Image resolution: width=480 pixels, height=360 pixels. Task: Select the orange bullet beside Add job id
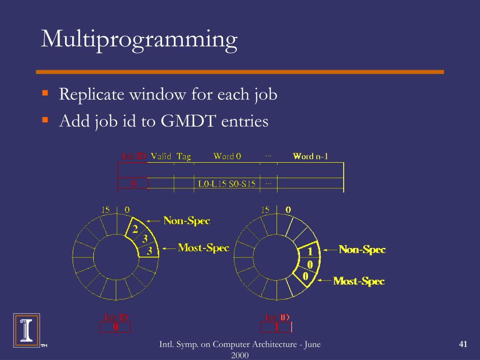45,120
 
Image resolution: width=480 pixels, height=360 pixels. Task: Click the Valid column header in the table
161,156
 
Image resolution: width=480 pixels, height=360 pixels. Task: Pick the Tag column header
184,156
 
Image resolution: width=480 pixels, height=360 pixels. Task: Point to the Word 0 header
227,156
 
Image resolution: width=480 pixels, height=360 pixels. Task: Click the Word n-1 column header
310,156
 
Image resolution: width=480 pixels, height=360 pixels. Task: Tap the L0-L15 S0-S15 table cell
227,184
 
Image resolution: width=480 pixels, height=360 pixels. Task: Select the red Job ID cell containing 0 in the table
133,184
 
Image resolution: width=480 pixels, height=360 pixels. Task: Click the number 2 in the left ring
135,230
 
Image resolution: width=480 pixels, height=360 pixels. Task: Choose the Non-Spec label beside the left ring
187,221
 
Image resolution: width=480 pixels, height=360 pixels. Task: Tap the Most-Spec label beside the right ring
359,281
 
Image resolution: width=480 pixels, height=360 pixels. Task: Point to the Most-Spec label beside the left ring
203,248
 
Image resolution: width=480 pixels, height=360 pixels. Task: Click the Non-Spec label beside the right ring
362,250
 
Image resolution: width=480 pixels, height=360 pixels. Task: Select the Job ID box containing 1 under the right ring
276,327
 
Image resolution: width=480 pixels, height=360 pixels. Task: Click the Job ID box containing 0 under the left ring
115,327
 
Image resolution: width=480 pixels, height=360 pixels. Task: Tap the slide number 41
463,345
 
